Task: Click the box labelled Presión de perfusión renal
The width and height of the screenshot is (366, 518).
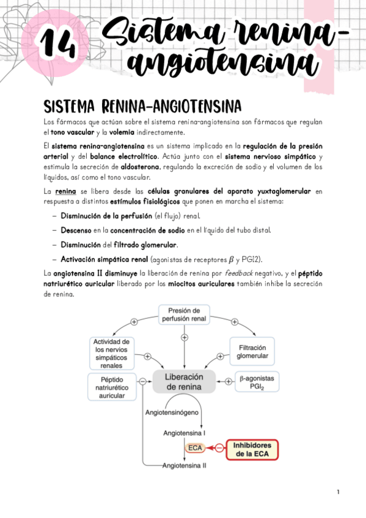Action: coord(184,314)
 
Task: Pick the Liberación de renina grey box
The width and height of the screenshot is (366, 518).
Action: coord(184,381)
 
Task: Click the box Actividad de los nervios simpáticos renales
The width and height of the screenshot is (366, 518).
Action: coord(109,353)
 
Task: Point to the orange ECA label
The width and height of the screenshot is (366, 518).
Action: coord(195,448)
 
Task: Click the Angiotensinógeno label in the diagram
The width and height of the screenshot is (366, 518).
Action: coord(172,412)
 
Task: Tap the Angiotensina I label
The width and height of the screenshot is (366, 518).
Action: coord(184,432)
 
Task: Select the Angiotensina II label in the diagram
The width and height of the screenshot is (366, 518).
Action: coord(184,465)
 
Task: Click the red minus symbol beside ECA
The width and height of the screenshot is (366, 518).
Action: coord(218,448)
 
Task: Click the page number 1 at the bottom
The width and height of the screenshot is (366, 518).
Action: coord(338,492)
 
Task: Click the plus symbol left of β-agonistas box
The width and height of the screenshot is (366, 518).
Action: coord(229,381)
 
